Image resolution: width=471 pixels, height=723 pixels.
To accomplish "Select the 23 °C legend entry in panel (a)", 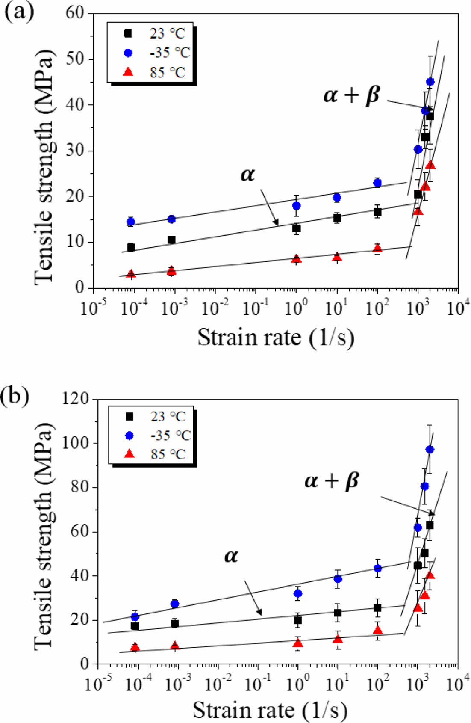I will tap(156, 33).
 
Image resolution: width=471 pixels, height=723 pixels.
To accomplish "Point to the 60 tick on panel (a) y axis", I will tap(76, 14).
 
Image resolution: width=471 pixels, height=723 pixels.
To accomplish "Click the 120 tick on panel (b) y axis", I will tap(76, 399).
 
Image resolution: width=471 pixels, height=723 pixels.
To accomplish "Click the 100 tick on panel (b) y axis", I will tap(76, 443).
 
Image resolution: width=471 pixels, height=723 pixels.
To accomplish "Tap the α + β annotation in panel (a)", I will tap(351, 95).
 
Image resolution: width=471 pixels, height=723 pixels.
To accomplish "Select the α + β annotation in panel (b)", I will tap(332, 480).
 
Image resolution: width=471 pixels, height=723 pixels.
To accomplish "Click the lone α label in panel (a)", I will tap(247, 174).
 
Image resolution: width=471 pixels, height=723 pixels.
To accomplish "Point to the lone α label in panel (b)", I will tap(231, 556).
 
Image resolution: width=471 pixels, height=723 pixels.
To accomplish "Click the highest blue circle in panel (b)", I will tap(430, 449).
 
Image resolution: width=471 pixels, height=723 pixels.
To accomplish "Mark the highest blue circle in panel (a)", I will tap(430, 82).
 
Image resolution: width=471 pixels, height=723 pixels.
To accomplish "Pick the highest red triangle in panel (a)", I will tap(430, 165).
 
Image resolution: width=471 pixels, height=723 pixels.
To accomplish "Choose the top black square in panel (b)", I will tap(430, 525).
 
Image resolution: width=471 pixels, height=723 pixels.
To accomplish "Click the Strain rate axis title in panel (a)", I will tap(276, 338).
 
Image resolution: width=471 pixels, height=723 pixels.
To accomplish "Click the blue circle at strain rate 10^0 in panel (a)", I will tap(296, 206).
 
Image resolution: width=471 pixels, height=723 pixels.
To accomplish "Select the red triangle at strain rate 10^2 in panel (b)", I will tap(377, 631).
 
